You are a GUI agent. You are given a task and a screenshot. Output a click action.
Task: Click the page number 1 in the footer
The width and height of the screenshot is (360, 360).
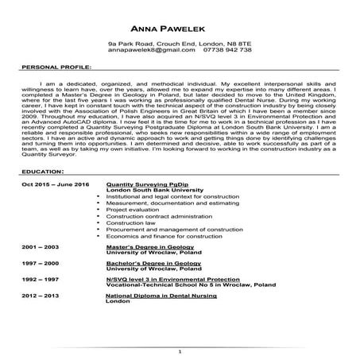pos(181,350)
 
